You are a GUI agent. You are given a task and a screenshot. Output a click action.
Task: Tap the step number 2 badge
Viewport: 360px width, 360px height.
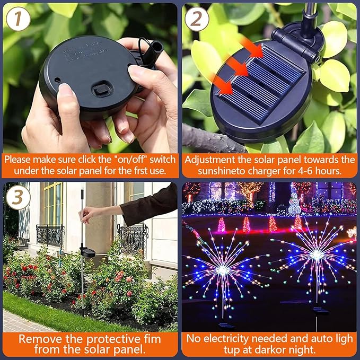pos(197,19)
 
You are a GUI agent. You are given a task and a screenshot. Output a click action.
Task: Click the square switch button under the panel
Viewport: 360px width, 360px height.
pos(101,91)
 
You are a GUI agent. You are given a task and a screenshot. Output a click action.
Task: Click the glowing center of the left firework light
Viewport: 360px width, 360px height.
pos(224,269)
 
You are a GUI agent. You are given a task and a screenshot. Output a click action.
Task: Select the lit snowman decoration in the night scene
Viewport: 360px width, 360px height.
pos(295,202)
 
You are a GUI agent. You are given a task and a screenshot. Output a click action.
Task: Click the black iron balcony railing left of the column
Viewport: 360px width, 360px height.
pos(49,233)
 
